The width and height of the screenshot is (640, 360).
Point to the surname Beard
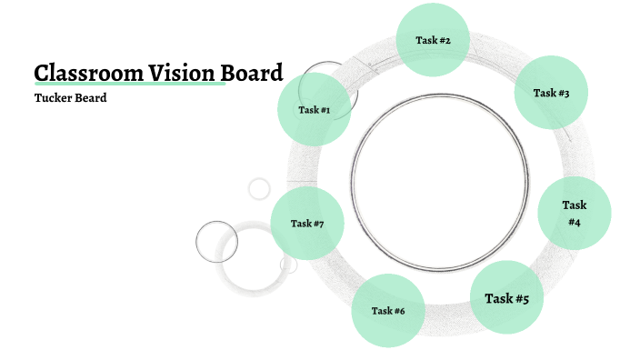click(x=92, y=98)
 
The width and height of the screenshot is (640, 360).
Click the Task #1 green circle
click(x=314, y=110)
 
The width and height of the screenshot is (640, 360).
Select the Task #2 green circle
click(x=433, y=40)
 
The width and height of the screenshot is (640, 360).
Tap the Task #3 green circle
click(x=551, y=93)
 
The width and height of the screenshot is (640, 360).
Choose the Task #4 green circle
click(x=575, y=213)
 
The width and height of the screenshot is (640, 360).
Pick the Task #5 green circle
click(x=506, y=297)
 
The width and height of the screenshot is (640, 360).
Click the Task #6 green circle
click(x=387, y=311)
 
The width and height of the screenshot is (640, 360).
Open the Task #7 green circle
click(x=307, y=224)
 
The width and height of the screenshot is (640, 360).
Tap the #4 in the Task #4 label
click(x=575, y=222)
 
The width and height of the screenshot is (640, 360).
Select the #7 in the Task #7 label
click(x=318, y=224)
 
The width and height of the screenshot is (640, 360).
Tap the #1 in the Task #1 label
click(x=324, y=110)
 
